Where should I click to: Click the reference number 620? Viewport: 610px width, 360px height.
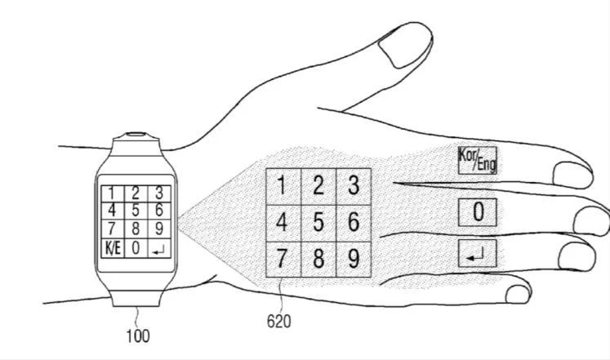click(x=278, y=322)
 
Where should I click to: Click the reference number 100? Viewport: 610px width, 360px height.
click(x=138, y=336)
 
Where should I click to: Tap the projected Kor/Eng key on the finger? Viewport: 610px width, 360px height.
click(x=478, y=160)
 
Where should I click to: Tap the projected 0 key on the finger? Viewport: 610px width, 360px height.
click(x=478, y=212)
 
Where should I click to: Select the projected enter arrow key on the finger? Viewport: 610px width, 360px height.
click(x=478, y=254)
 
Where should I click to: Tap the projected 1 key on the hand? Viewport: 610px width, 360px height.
click(x=283, y=187)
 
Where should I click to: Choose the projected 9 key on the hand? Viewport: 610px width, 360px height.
click(x=354, y=259)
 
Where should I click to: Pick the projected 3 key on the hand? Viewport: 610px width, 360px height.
click(x=354, y=187)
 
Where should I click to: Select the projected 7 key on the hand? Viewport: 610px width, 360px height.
click(x=283, y=259)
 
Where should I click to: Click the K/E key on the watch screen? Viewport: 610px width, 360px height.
click(x=113, y=248)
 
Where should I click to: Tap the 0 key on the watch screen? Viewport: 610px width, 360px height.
click(x=136, y=248)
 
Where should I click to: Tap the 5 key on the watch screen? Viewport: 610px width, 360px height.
click(x=136, y=211)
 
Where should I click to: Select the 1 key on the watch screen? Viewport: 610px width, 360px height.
click(x=113, y=193)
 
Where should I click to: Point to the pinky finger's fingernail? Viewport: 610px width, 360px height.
click(x=519, y=295)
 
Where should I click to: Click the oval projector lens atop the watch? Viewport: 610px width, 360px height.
click(x=136, y=135)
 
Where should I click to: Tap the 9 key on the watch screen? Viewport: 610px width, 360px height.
click(x=159, y=229)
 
